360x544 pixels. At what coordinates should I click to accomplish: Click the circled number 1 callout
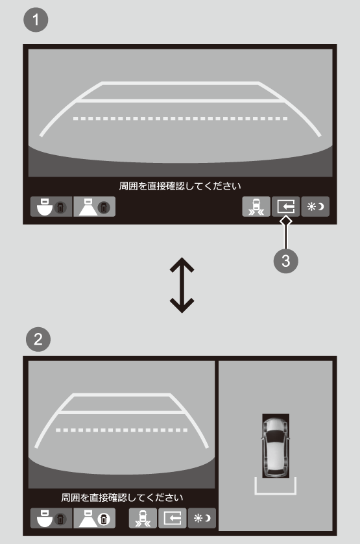pos(36,19)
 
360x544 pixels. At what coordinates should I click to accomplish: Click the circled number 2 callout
pos(38,339)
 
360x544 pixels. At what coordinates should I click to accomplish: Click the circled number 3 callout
pos(286,260)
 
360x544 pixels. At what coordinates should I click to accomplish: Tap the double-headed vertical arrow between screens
pos(182,285)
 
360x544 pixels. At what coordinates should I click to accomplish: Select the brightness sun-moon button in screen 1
pos(315,207)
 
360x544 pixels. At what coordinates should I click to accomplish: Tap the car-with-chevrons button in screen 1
pos(256,207)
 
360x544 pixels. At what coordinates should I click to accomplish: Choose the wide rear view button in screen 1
pos(51,207)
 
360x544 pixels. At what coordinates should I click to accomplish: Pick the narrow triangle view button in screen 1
pos(94,207)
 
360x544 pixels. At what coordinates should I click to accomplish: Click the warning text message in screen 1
pos(180,186)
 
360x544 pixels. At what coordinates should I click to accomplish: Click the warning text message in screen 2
pos(122,498)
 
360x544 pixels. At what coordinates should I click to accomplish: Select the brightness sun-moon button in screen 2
pos(202,518)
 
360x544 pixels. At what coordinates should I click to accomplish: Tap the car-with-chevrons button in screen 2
pos(143,518)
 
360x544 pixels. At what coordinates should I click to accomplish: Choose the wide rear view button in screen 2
pos(51,518)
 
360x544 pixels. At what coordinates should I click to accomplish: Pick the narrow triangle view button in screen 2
pos(94,518)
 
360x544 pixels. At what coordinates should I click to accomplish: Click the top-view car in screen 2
pos(276,446)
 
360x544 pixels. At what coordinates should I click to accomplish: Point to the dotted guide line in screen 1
pos(180,119)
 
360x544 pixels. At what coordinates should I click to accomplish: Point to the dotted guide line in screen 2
pos(122,430)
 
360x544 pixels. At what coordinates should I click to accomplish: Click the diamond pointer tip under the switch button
pos(286,221)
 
